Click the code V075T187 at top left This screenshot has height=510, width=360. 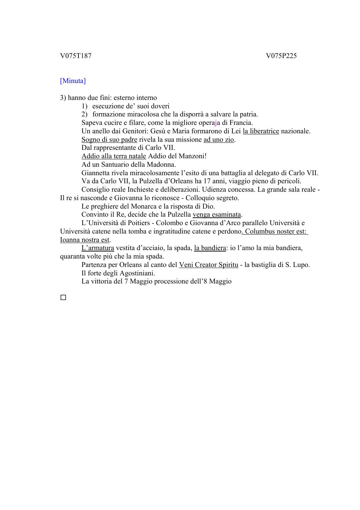click(76, 56)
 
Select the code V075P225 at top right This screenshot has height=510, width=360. click(281, 56)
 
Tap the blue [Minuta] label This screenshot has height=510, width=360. click(73, 81)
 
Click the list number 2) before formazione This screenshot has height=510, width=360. click(84, 114)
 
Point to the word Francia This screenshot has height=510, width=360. click(241, 123)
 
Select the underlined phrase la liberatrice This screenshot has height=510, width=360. click(261, 131)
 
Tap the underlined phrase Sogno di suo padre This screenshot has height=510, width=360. click(109, 139)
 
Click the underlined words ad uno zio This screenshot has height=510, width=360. click(219, 139)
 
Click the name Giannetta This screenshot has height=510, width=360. click(95, 173)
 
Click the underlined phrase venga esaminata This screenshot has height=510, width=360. click(217, 215)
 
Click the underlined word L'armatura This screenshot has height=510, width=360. click(98, 248)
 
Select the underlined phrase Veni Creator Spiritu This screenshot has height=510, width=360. click(208, 264)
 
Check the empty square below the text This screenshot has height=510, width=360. click(63, 298)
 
